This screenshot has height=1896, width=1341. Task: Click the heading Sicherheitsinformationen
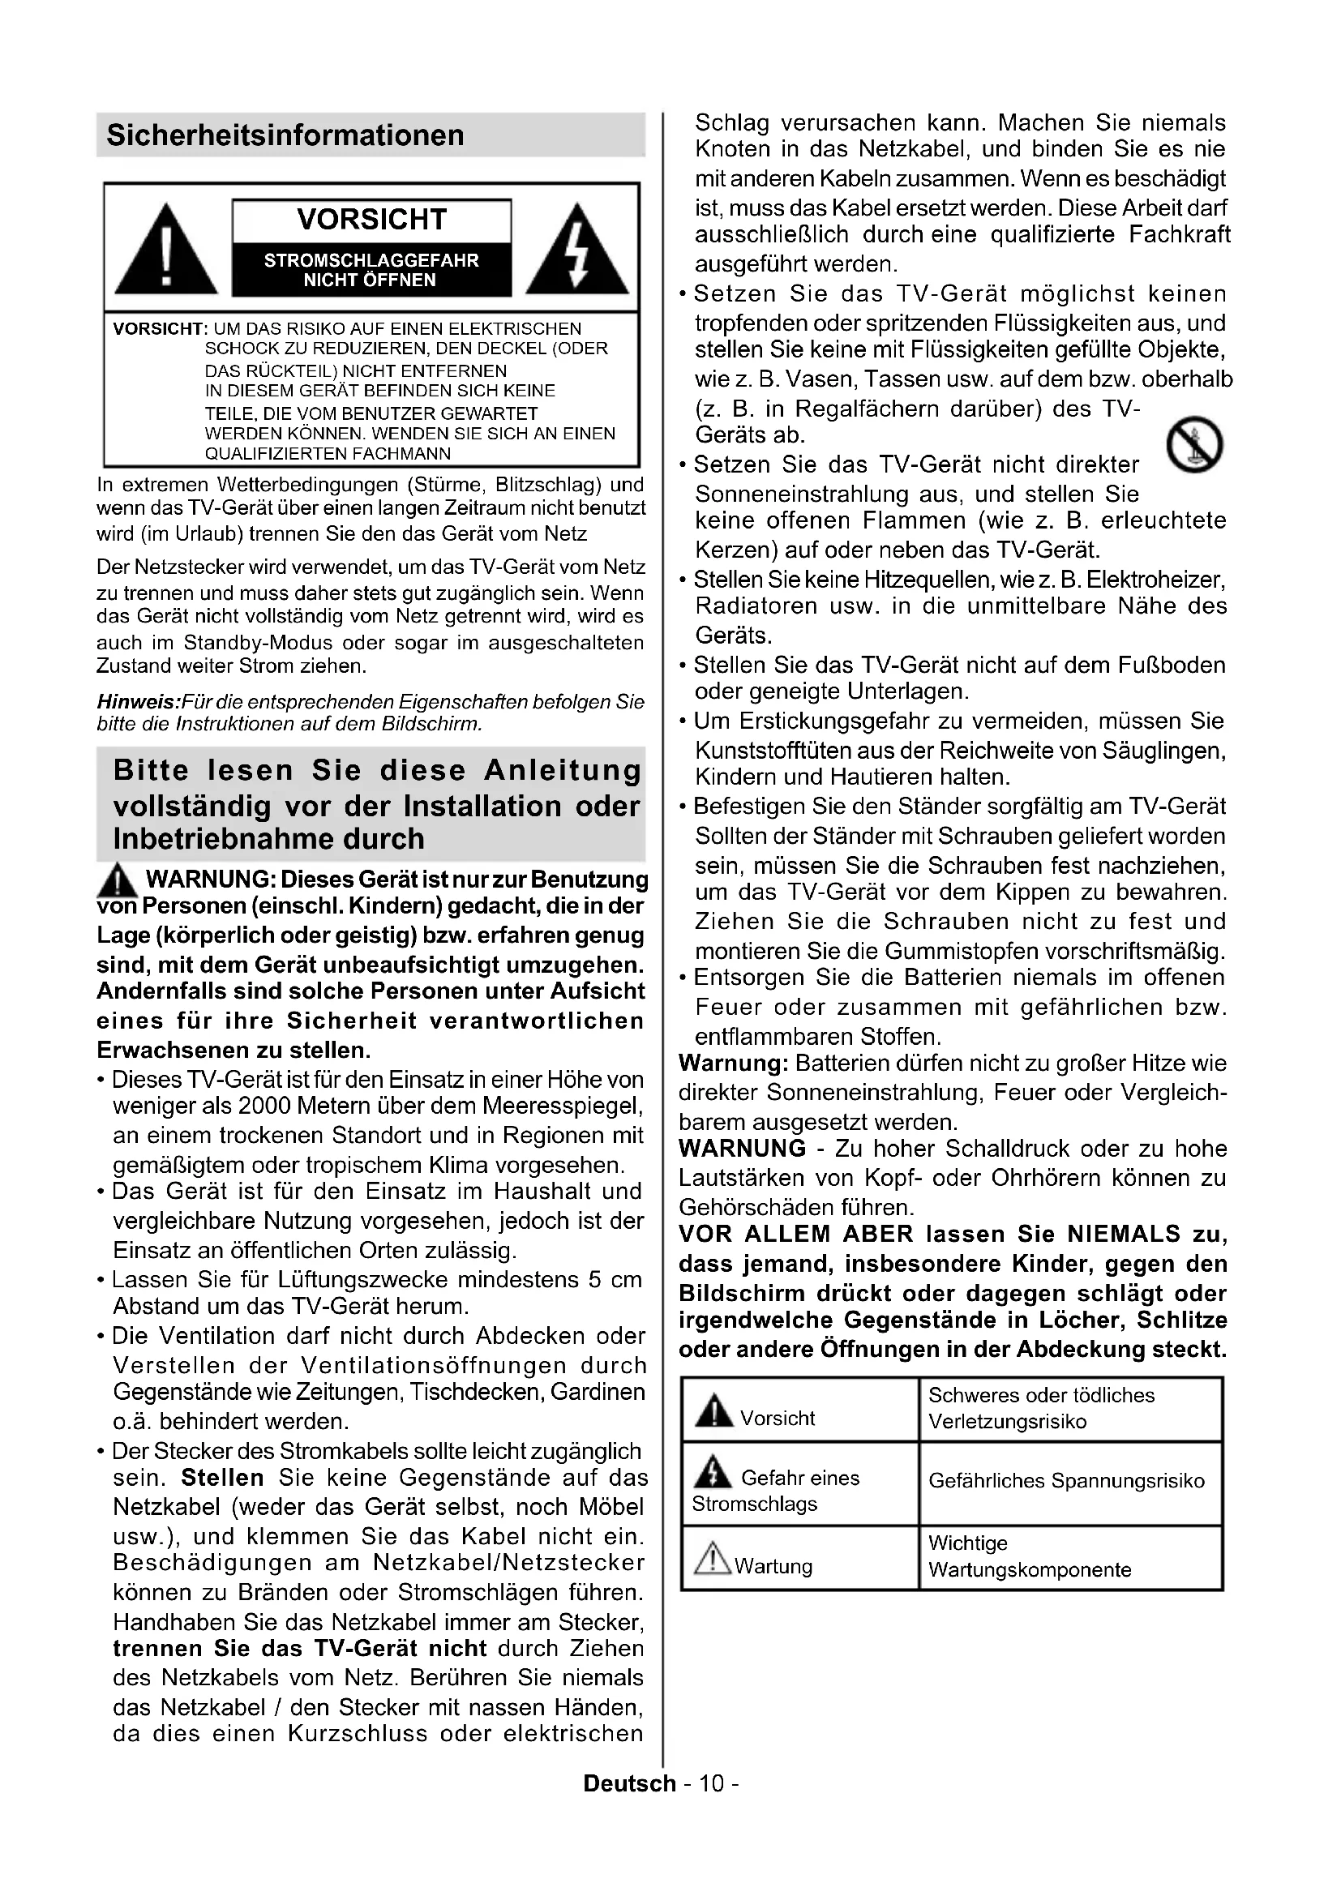point(285,135)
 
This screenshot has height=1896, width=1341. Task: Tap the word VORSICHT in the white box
point(371,220)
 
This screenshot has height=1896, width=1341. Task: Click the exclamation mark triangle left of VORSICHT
point(166,251)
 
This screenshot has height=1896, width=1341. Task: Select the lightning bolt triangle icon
point(577,251)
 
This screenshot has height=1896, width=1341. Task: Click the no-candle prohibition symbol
point(1194,444)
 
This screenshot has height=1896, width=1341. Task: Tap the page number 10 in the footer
point(711,1783)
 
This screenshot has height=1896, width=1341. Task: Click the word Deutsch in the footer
point(629,1783)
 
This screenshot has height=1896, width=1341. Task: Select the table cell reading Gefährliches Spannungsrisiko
point(1066,1481)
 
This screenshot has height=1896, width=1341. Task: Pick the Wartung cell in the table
point(773,1567)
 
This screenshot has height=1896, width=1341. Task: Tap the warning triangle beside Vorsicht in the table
point(713,1410)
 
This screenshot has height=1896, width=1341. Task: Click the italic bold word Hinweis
point(137,702)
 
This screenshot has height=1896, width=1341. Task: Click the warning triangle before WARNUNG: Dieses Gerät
point(118,880)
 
